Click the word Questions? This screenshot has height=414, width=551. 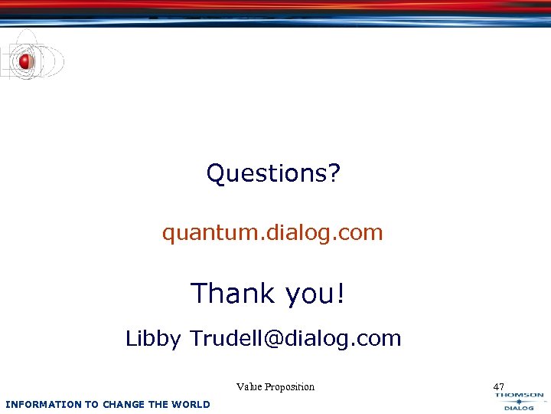tap(272, 173)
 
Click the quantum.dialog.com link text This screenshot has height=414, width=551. tap(272, 232)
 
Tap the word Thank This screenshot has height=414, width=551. tap(232, 293)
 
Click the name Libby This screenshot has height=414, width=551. tap(153, 339)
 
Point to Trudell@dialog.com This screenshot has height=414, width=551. tap(295, 338)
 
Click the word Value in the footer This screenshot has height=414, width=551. tap(249, 386)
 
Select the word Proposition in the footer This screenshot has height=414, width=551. tap(290, 386)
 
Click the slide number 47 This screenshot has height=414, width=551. tap(499, 386)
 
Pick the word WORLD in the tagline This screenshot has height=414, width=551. tap(191, 404)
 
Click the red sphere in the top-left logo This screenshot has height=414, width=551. tap(25, 62)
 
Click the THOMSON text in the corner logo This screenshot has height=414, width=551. tap(519, 395)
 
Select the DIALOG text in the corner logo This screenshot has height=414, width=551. tap(519, 408)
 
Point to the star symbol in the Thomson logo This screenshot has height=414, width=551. tap(519, 401)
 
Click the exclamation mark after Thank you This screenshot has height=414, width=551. tap(340, 293)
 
